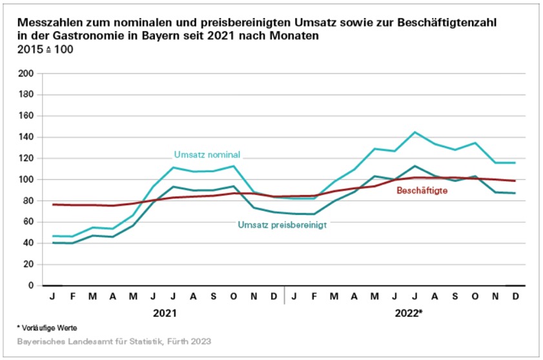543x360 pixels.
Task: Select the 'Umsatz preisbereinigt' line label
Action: (x=282, y=225)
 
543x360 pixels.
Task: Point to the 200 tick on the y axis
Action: (x=25, y=74)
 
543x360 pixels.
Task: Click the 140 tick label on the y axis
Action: (x=25, y=137)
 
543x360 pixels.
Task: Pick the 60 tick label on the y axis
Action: (x=27, y=222)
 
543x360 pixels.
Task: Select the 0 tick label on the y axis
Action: (x=30, y=286)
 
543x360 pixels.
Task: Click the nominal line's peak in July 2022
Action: (x=416, y=132)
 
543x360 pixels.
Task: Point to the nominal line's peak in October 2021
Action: (x=233, y=166)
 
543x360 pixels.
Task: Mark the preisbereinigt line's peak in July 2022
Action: (x=416, y=166)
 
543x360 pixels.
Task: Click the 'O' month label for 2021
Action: (x=233, y=296)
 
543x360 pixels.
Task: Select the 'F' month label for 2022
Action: (x=314, y=296)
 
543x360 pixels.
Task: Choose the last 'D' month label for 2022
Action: (x=517, y=296)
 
